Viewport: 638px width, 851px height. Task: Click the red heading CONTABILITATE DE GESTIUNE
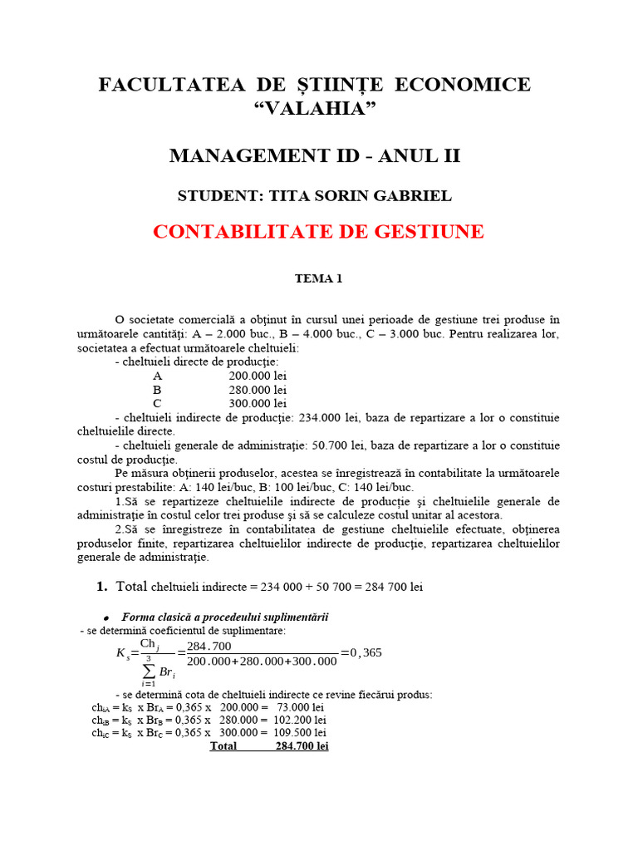(318, 232)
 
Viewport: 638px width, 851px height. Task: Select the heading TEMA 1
(318, 279)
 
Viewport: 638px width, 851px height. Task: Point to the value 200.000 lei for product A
(258, 376)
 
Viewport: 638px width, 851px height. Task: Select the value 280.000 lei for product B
(258, 390)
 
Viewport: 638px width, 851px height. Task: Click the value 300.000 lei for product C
(258, 403)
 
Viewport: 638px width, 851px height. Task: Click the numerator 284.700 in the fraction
(209, 647)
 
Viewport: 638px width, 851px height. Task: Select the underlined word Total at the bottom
(223, 746)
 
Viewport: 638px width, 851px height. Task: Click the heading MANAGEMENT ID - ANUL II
(315, 156)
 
